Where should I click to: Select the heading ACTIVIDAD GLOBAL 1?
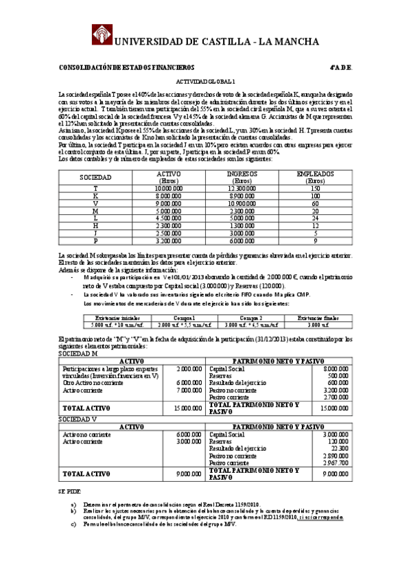click(205, 81)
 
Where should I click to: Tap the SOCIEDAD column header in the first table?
click(96, 177)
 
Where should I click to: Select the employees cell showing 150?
click(315, 188)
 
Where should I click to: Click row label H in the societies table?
click(95, 226)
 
